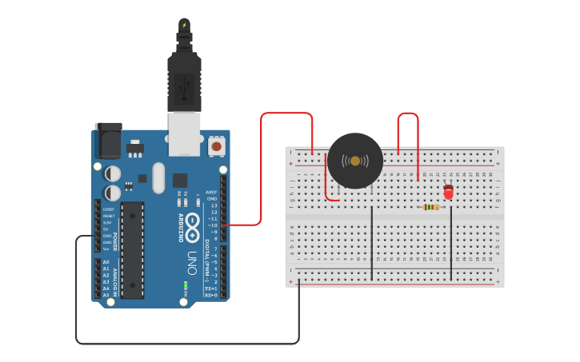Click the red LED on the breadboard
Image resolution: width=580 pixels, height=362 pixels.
[448, 192]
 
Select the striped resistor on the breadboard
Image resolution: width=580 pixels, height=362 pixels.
[431, 207]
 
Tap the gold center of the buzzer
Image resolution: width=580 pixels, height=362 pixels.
[355, 161]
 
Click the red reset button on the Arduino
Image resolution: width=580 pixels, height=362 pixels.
[217, 146]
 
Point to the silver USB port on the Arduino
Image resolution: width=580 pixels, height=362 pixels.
[184, 133]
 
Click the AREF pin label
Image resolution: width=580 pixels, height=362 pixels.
[212, 192]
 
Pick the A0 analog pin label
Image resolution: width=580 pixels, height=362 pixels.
[106, 262]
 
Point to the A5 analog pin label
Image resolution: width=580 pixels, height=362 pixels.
[106, 295]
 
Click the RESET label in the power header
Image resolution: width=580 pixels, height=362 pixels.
[108, 216]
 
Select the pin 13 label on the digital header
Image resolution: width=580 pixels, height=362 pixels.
[214, 205]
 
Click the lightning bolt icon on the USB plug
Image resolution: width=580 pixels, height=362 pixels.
[184, 25]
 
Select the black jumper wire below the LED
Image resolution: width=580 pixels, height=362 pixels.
[451, 240]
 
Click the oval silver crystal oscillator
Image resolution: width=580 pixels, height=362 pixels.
[158, 177]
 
